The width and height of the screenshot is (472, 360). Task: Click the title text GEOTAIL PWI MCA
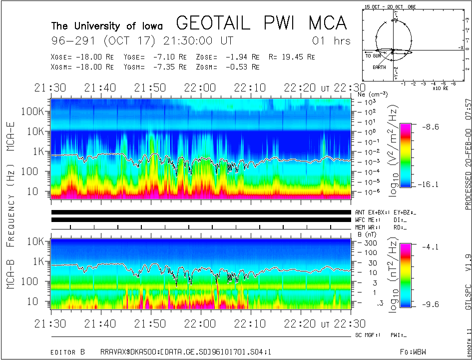click(x=261, y=23)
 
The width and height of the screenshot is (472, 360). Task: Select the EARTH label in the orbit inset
click(x=379, y=67)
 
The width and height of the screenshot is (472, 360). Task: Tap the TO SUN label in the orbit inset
click(x=373, y=56)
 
